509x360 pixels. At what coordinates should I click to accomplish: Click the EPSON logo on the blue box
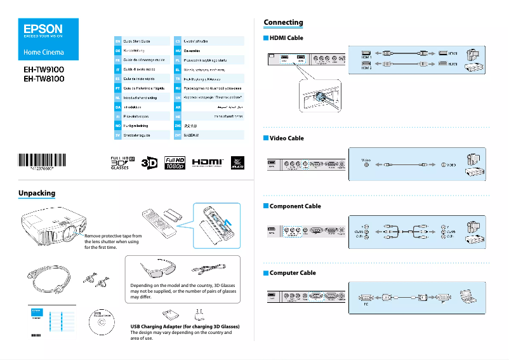tap(43, 29)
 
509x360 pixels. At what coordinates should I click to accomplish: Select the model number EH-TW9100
tap(44, 69)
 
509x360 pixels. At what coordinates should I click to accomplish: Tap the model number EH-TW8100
tap(44, 79)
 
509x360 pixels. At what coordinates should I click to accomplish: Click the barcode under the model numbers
tap(44, 160)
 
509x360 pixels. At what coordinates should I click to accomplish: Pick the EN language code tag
tap(117, 41)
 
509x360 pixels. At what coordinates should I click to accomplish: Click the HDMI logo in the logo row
tap(208, 163)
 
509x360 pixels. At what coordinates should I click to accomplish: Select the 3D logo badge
tap(149, 163)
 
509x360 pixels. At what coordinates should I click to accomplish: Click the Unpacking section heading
tap(37, 192)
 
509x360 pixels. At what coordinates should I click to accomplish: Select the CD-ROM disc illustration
tap(102, 323)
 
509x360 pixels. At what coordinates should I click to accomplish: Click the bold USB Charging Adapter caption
tap(184, 326)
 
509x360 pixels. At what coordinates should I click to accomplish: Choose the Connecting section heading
tap(283, 22)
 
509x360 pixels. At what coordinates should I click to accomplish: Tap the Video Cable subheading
tap(286, 138)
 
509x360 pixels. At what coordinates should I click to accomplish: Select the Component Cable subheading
tap(295, 206)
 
